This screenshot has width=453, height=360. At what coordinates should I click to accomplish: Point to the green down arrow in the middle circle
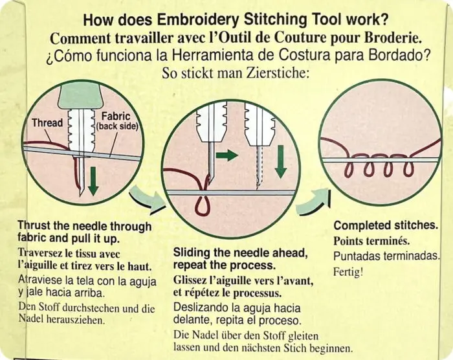point(280,161)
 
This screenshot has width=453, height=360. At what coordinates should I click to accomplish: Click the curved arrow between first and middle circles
point(148,200)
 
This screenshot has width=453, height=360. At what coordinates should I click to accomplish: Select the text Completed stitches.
point(384,226)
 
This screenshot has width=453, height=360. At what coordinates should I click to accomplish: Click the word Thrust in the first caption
point(34,226)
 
